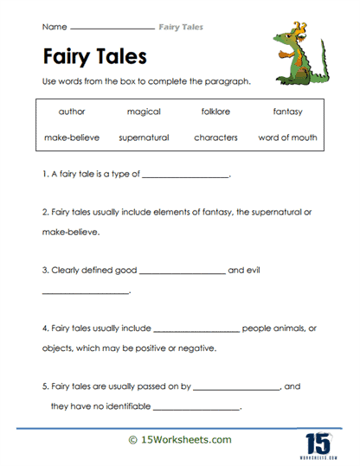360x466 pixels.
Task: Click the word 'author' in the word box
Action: point(72,112)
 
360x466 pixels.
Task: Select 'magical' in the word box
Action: point(144,112)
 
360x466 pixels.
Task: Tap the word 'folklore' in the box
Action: point(215,112)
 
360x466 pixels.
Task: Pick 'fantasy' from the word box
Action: point(287,112)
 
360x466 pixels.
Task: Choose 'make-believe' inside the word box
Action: point(72,137)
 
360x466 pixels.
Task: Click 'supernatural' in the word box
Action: point(144,137)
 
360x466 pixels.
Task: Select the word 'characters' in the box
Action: point(215,137)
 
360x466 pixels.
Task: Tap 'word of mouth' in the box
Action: point(287,137)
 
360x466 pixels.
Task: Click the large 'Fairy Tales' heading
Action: point(95,57)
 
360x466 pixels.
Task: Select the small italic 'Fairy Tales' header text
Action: point(182,28)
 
